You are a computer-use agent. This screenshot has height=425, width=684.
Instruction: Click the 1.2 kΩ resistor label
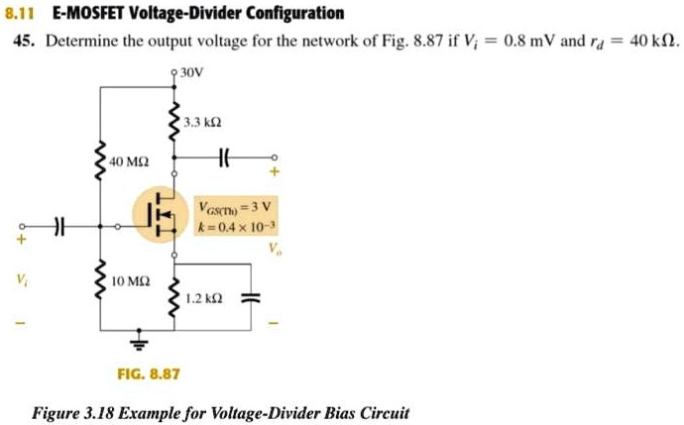point(202,297)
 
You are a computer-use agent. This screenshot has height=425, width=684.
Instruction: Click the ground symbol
point(140,343)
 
